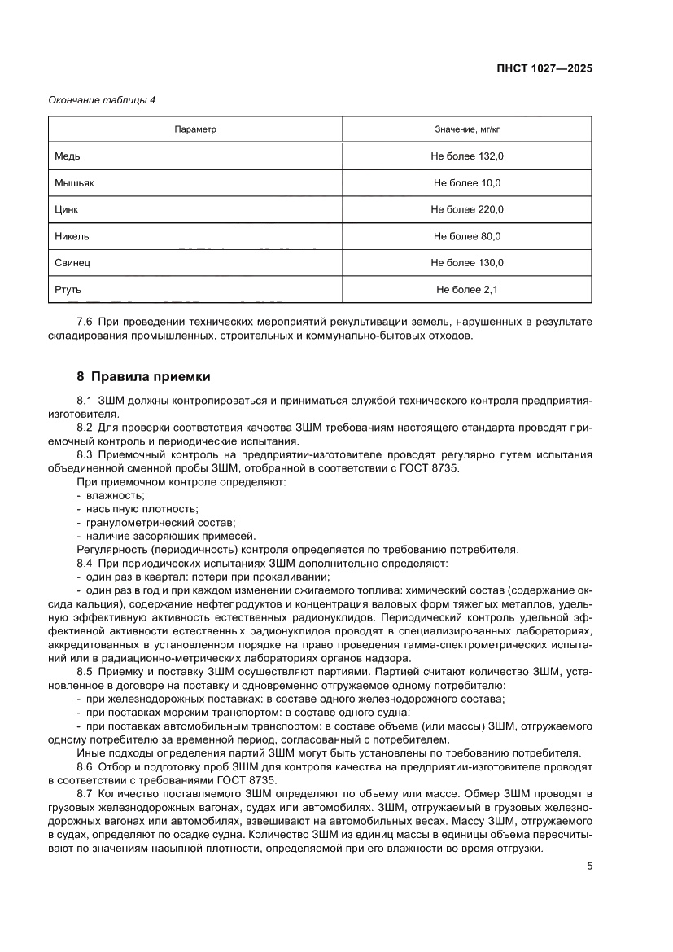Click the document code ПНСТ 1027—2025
pos(545,68)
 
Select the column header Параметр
pos(195,129)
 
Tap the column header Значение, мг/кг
pos(467,129)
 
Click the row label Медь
pos(68,156)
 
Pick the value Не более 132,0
pos(467,156)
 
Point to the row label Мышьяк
pos(74,182)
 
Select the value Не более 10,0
pos(467,182)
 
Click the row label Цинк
pos(67,209)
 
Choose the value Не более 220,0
pos(467,209)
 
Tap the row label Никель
pos(72,236)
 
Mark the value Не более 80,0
pos(467,236)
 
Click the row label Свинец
pos(72,262)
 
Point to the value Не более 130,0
pos(467,262)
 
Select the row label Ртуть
pos(68,289)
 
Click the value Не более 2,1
pos(467,289)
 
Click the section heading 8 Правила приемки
pos(143,377)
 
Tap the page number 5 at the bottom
pos(589,866)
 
